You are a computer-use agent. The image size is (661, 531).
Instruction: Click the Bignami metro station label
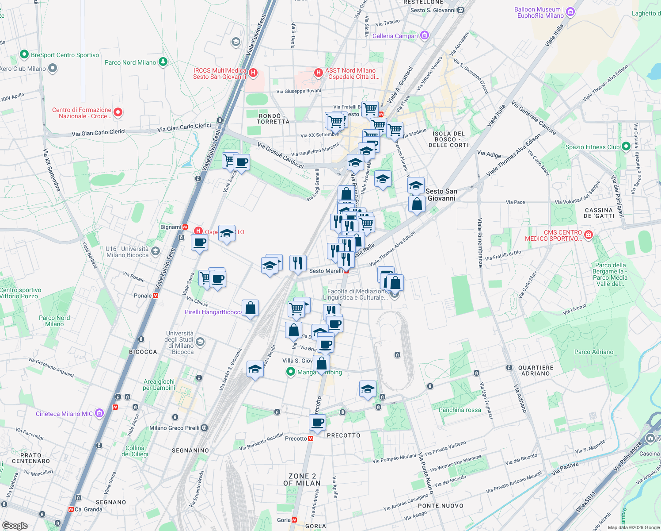point(171,227)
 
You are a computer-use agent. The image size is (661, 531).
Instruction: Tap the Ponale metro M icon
point(156,296)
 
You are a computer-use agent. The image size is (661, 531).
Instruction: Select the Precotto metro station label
point(296,439)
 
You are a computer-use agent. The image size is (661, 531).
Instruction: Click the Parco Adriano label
point(594,352)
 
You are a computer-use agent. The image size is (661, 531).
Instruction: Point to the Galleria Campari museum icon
point(425,35)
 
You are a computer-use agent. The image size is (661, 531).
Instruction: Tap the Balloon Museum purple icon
point(570,12)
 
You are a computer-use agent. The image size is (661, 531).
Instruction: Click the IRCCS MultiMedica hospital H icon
point(253,73)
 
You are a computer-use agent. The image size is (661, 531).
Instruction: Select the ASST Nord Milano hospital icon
point(318,73)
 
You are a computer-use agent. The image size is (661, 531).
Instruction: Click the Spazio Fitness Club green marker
point(626,146)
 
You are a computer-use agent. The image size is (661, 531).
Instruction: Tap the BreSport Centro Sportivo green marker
point(24,55)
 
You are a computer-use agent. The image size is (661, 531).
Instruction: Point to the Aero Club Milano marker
point(53,68)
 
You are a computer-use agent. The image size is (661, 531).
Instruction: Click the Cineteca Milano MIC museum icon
point(99,413)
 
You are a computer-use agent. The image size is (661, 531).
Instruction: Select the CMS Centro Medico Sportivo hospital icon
point(588,235)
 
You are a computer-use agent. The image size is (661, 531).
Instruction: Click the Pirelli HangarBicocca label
point(213,312)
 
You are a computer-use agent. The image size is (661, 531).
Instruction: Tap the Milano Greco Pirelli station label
point(174,428)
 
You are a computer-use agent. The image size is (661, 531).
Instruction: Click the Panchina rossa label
point(460,410)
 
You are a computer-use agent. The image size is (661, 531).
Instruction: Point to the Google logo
point(15,525)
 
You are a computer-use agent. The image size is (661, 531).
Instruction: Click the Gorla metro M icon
point(294,520)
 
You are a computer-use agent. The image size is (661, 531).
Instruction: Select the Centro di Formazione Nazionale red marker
point(118,112)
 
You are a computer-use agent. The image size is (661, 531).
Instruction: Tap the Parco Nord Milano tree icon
point(163,62)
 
